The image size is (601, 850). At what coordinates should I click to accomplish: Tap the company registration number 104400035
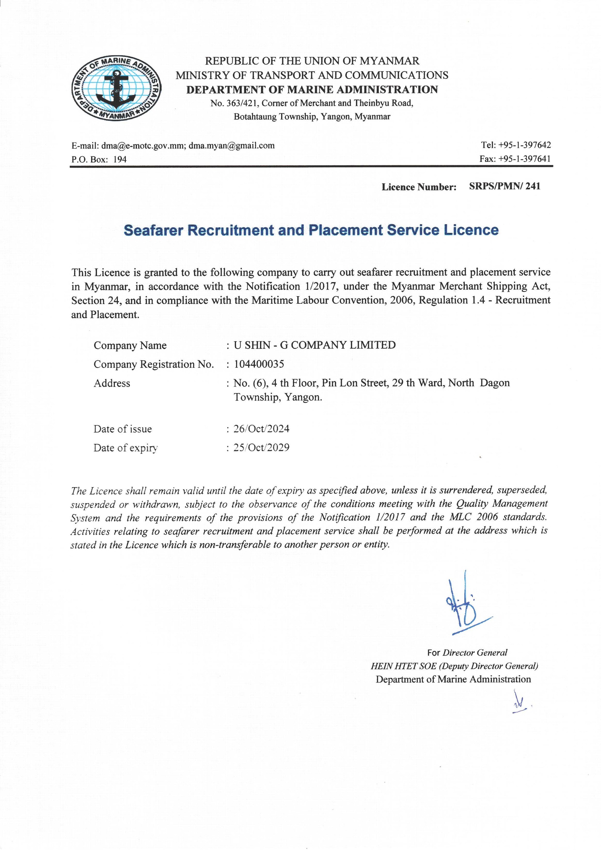point(259,364)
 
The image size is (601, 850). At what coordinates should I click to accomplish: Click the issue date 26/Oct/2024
point(262,429)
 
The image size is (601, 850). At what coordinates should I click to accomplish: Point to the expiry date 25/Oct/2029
point(262,448)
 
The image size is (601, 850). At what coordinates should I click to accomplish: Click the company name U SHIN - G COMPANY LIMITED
point(315,345)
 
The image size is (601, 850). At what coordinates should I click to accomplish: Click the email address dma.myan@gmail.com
point(232,146)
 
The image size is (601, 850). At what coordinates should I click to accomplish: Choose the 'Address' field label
point(112,383)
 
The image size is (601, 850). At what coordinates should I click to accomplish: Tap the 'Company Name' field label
point(130,345)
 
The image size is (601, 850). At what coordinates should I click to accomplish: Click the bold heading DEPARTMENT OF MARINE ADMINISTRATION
point(312,89)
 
